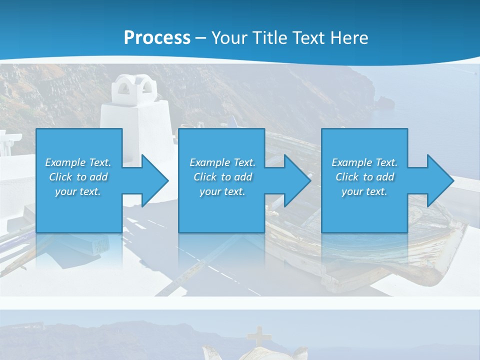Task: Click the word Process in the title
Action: [157, 37]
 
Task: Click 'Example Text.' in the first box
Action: [78, 162]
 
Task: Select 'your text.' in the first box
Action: [78, 191]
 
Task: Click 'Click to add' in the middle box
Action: [222, 177]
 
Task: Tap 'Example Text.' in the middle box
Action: [222, 162]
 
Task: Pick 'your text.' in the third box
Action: [364, 191]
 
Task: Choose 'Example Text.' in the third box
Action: [364, 162]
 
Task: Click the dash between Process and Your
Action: [200, 38]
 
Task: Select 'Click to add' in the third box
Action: [364, 177]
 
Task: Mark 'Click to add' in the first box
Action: [78, 177]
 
